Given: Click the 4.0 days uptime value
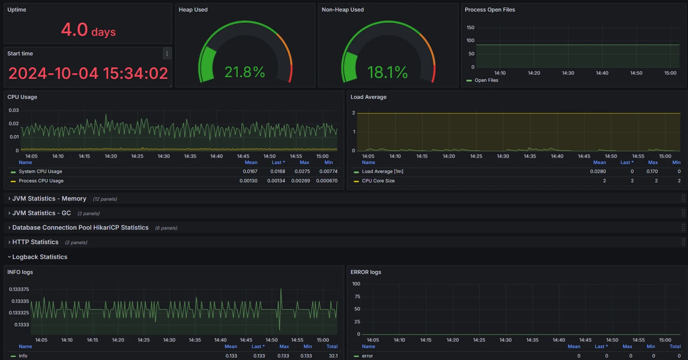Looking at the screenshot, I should pos(88,30).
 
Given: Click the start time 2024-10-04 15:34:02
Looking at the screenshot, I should pos(88,73).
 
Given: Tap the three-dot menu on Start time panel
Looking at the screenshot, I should pos(167,54).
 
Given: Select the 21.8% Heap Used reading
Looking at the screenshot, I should pos(245,72).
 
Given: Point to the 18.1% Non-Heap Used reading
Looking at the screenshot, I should pos(387,72).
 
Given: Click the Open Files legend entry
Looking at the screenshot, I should pos(486,80).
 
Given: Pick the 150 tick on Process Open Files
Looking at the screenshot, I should pos(470,28).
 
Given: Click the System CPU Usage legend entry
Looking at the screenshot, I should pos(40,171).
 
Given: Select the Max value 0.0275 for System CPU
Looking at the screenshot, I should pos(302,171).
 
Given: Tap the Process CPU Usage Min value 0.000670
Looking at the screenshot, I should pos(327,181).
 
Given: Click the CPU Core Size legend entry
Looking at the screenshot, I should pos(378,181).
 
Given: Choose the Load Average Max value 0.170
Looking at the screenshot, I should pos(652,171).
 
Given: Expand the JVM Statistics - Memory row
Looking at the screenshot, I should pos(49,199).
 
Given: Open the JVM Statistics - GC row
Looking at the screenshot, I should pos(41,213).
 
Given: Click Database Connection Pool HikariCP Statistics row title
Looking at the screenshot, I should pos(80,228).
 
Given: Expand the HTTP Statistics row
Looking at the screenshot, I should pos(35,242).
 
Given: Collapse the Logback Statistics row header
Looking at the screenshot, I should pos(40,257).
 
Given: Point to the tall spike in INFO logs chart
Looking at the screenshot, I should pos(281,292).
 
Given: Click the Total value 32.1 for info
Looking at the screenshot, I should pos(333,356).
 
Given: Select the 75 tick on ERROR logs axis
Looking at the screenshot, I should pos(357,297).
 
